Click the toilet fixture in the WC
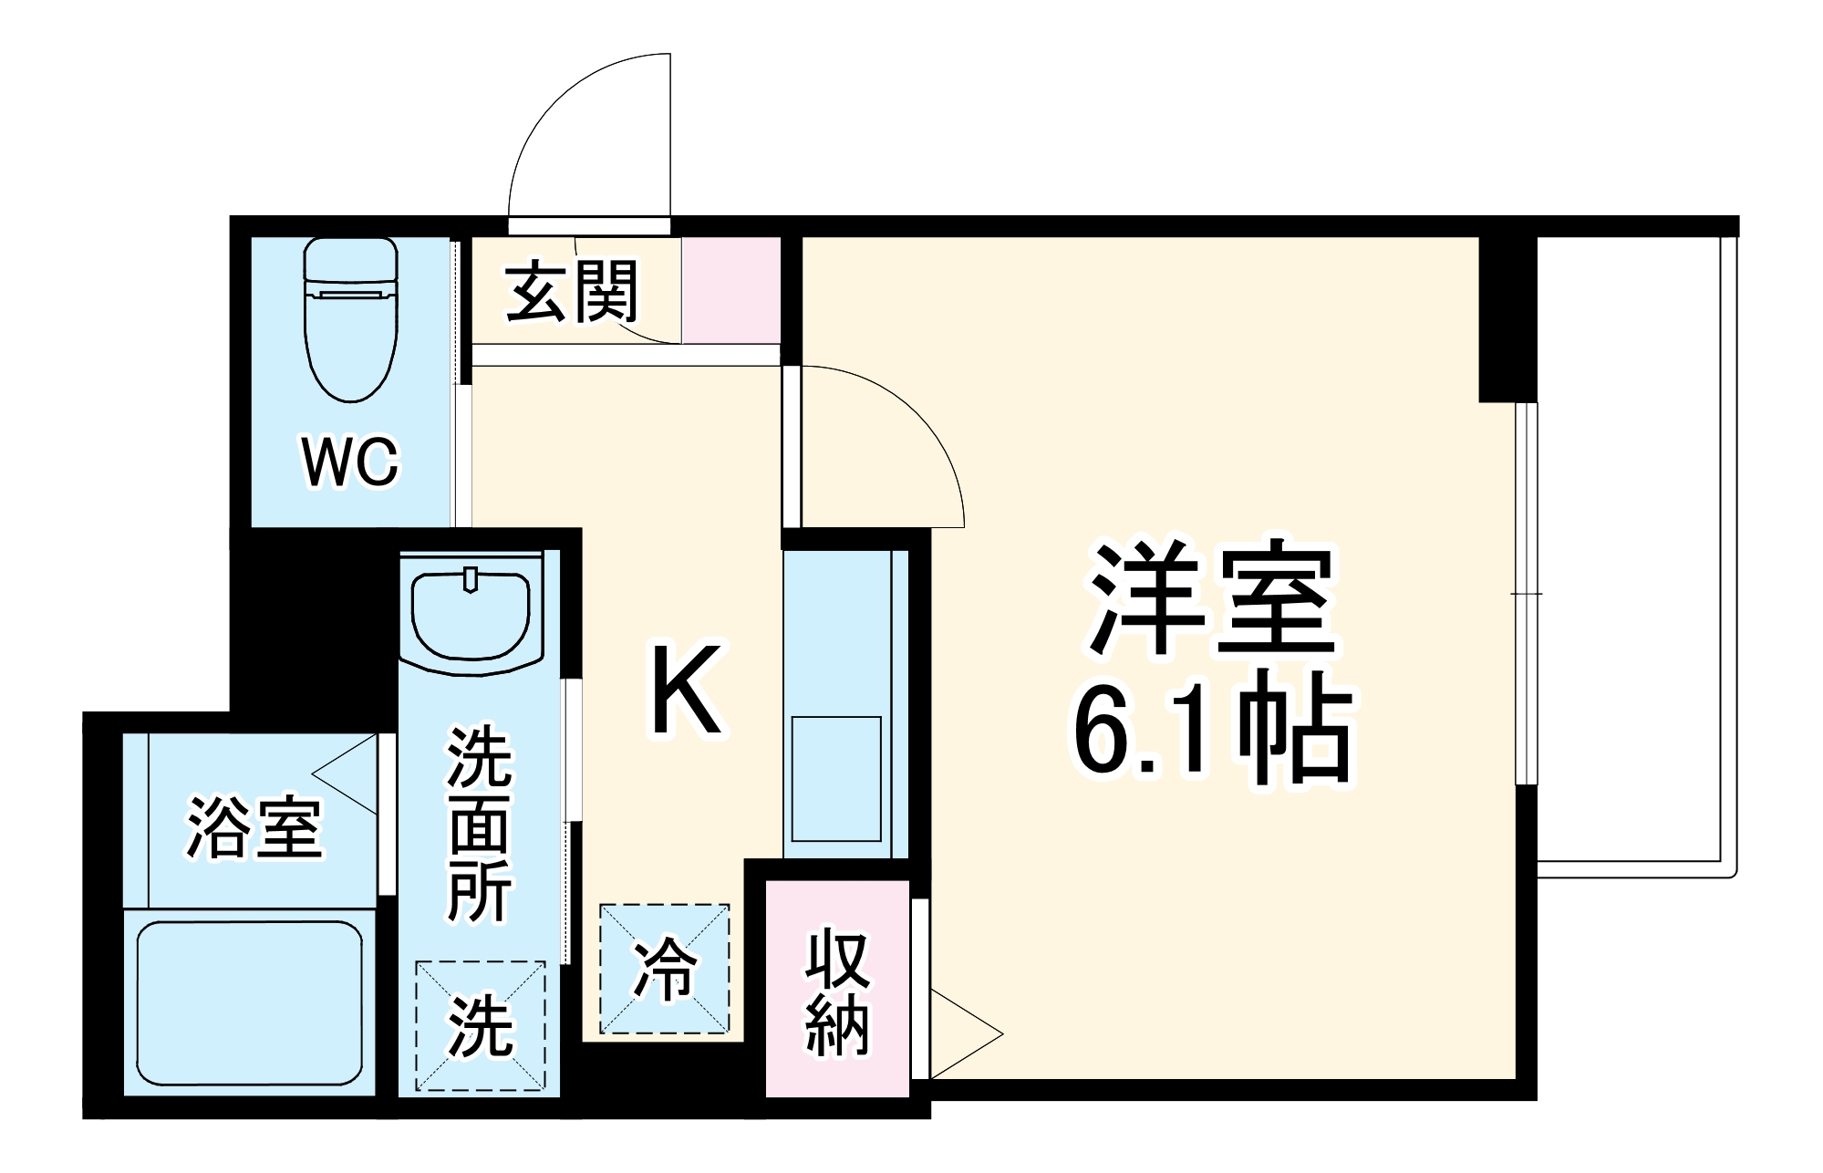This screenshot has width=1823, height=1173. [x=351, y=319]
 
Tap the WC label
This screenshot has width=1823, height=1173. [x=351, y=462]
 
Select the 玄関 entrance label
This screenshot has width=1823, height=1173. [x=573, y=292]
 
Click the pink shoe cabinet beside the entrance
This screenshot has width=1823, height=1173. [x=731, y=290]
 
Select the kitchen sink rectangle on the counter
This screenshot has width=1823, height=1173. [x=836, y=779]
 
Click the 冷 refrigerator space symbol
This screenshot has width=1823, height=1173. [x=665, y=969]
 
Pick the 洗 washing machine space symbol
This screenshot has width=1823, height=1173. [x=481, y=1026]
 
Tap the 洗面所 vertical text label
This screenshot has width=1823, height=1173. [x=481, y=824]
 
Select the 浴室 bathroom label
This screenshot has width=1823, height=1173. [x=254, y=827]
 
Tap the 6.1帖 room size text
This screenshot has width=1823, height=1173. [x=1211, y=727]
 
